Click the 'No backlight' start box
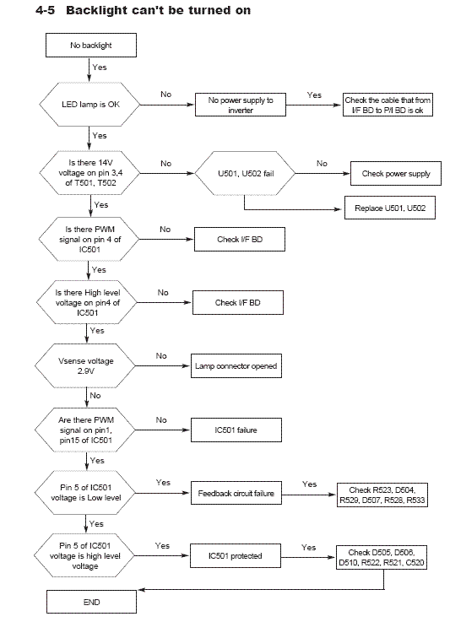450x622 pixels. coord(91,46)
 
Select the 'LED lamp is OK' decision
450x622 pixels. coord(89,105)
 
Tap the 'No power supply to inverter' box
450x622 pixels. coord(241,105)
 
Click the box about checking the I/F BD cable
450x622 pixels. coord(388,105)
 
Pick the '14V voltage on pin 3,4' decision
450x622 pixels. coord(89,172)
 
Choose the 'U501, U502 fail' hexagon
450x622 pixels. coord(246,173)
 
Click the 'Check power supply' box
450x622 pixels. coord(396,173)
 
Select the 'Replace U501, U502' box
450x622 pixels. coord(390,208)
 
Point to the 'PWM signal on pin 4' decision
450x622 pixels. coord(89,239)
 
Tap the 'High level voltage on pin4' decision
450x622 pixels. coord(87,302)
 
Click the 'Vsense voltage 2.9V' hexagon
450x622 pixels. coord(86,365)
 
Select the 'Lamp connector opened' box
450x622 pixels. coord(236,365)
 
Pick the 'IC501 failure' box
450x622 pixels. coord(236,430)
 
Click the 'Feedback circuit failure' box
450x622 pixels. coord(236,493)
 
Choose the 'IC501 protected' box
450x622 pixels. coord(236,556)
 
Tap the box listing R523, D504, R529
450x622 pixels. coord(382,495)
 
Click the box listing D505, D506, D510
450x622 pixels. coord(382,557)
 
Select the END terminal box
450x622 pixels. coord(92,602)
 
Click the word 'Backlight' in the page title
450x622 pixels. coord(105,11)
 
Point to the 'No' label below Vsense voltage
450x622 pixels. coord(95,396)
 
